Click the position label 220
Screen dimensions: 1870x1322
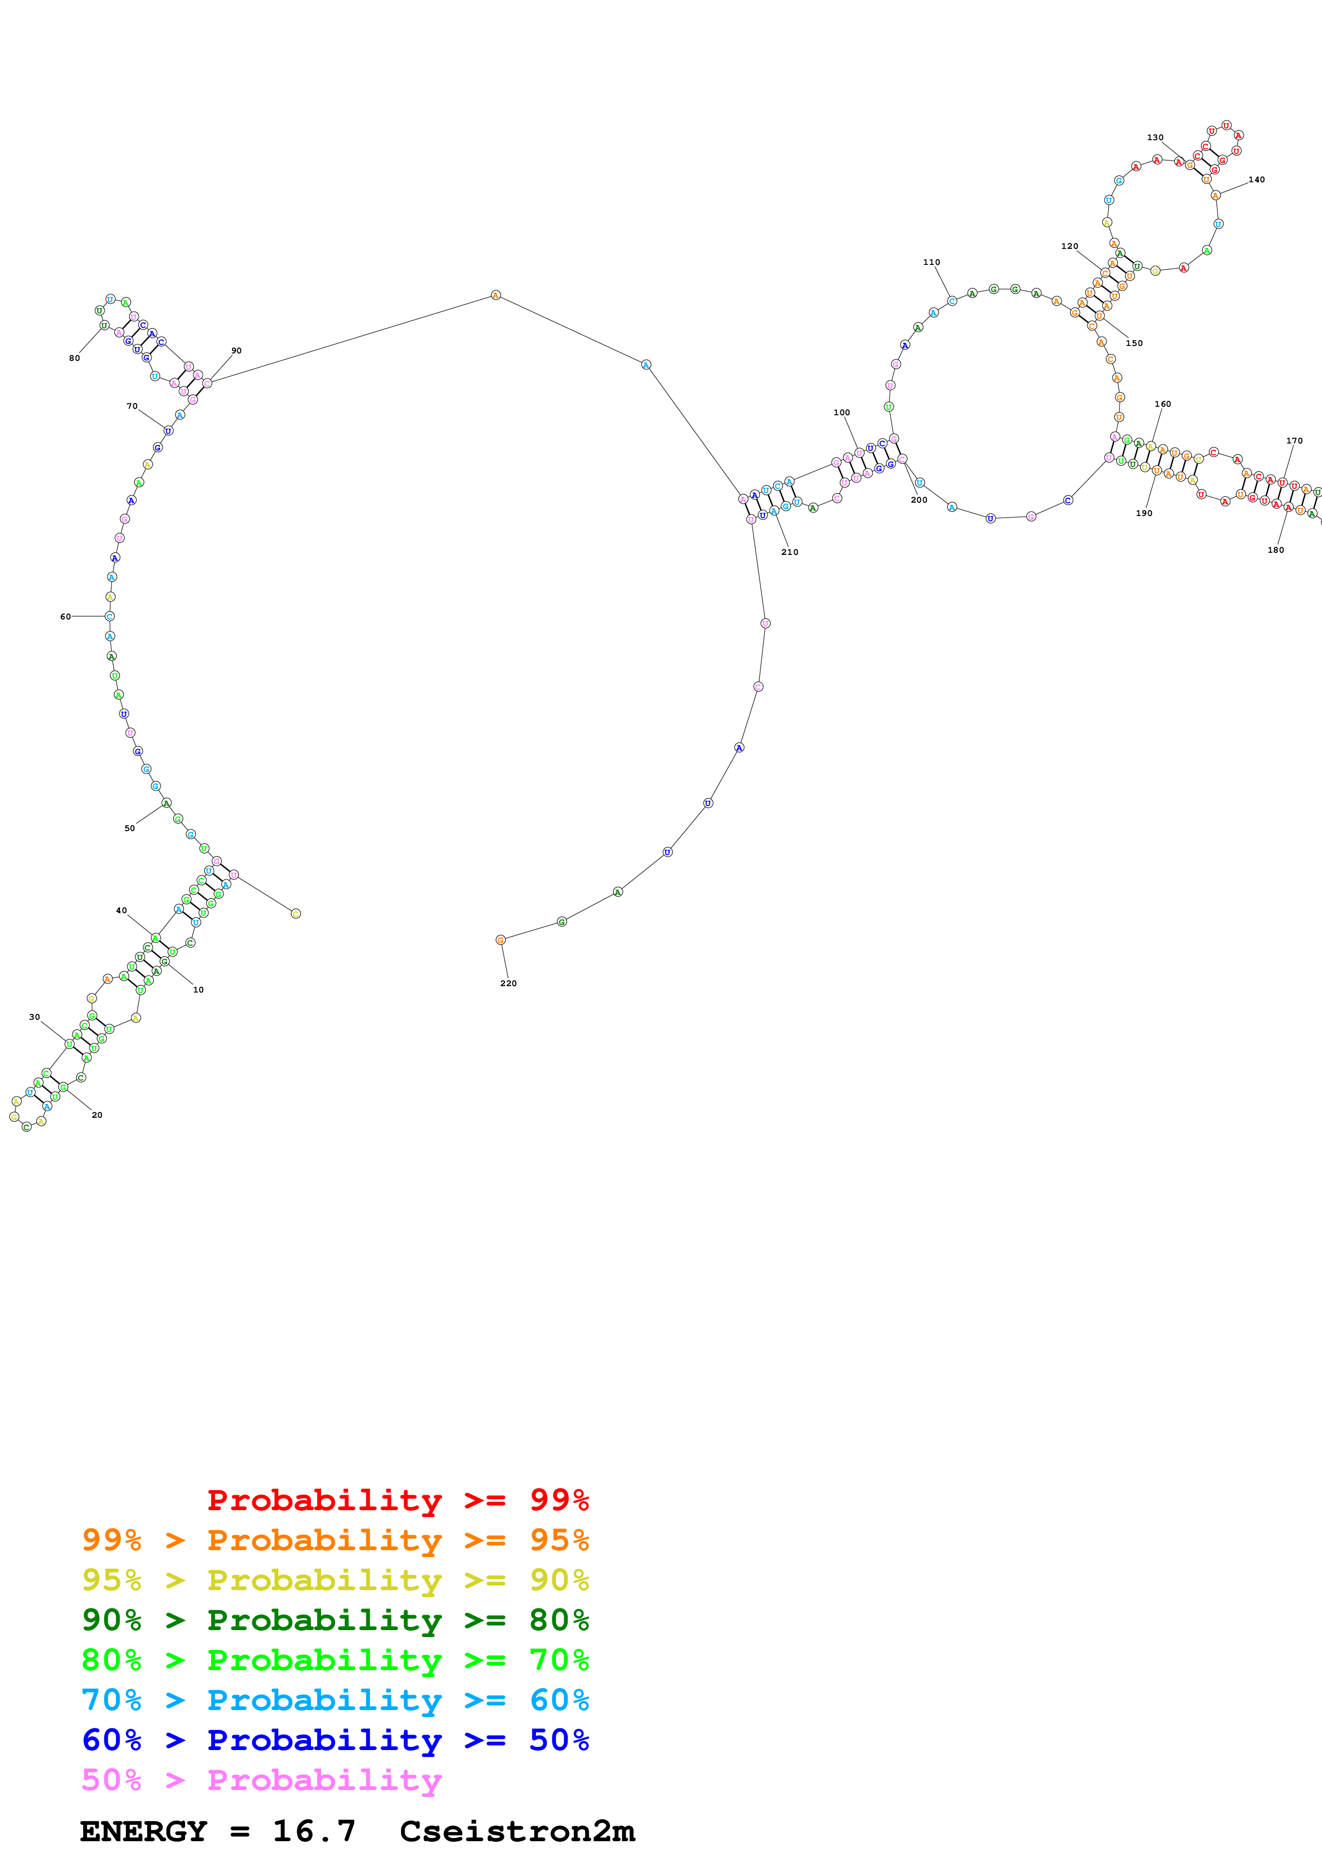pos(508,983)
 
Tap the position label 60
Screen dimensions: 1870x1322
pos(65,617)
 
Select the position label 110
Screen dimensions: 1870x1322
pos(931,262)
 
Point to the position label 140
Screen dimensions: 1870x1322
pos(1257,179)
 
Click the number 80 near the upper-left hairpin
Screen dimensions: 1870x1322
pos(74,358)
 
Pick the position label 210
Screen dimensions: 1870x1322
pos(789,551)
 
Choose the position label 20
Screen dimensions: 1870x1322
pos(97,1115)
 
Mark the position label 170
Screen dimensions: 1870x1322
pos(1294,441)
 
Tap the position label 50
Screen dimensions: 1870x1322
pos(130,828)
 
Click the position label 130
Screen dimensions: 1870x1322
pos(1155,138)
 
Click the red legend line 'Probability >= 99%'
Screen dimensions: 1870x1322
pos(397,1500)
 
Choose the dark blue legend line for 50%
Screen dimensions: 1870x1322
pos(335,1740)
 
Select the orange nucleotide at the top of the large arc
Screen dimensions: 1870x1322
pos(495,295)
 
